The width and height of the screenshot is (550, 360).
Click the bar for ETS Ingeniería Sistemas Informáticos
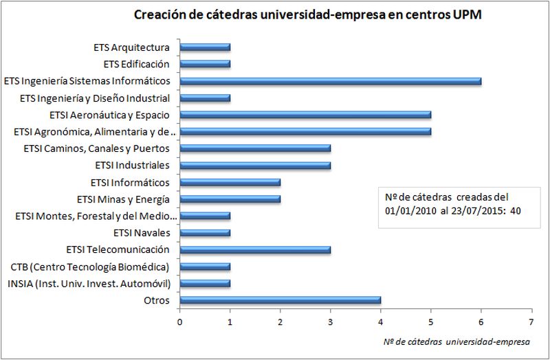point(330,81)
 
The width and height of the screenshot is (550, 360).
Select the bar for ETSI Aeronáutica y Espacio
point(305,115)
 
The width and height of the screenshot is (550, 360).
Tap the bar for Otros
point(280,300)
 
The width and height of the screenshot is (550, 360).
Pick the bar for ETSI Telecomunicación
point(255,249)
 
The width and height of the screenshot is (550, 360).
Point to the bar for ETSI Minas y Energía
point(230,199)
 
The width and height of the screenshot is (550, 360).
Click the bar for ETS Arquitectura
point(205,47)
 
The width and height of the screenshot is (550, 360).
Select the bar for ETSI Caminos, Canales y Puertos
point(255,148)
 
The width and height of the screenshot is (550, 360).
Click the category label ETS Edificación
point(136,65)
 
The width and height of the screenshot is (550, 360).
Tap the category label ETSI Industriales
point(135,165)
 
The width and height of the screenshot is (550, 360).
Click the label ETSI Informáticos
point(130,182)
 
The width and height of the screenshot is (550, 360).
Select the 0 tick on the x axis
point(179,321)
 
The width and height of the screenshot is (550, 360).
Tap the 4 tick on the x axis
point(381,321)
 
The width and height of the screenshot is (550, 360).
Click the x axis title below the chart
point(456,341)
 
